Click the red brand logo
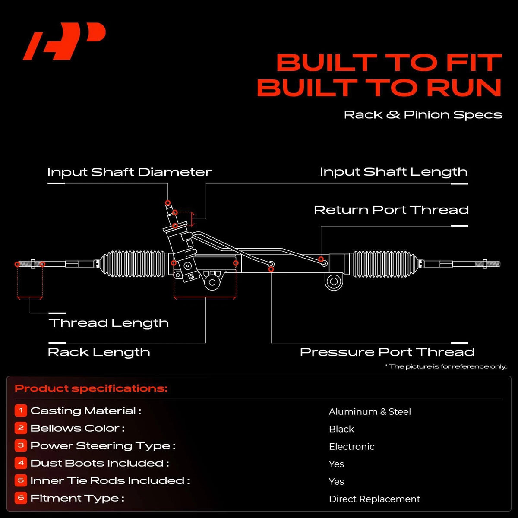[64, 41]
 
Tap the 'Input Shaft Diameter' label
[129, 172]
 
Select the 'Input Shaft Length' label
[394, 172]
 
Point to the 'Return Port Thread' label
[391, 210]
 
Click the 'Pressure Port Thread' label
[387, 352]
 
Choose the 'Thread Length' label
[109, 323]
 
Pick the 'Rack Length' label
[99, 352]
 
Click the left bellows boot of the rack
[136, 264]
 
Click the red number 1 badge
[21, 411]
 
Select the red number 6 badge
[21, 498]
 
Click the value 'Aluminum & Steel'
[370, 411]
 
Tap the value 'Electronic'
[352, 446]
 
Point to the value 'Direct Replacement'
[374, 499]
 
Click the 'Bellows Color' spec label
[77, 428]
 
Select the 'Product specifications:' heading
[91, 388]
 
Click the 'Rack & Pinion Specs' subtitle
[423, 115]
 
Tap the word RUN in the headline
[464, 87]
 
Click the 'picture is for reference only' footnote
[446, 366]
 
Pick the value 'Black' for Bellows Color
[341, 429]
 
